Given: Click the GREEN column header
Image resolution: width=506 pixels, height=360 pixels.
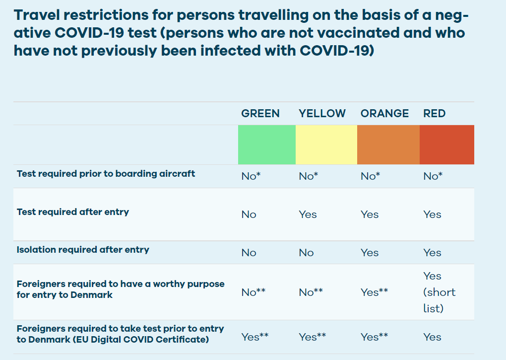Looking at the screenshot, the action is (260, 113).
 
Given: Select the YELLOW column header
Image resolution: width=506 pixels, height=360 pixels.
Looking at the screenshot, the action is (322, 113).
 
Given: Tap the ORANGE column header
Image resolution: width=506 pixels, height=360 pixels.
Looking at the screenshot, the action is (384, 113).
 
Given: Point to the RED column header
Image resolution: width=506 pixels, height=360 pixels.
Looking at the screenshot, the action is (435, 113).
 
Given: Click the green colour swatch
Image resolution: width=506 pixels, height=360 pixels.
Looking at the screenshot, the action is (267, 144).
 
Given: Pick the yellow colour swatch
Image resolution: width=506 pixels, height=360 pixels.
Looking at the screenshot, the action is (326, 144).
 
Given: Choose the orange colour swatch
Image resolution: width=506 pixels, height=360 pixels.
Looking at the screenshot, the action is (388, 144).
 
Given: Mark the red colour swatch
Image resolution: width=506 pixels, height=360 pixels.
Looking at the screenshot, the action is (447, 144).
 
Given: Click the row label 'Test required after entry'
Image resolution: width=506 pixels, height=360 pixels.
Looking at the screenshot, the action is (73, 212).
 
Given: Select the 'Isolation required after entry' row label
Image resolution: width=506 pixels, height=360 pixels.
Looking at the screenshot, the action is (83, 250).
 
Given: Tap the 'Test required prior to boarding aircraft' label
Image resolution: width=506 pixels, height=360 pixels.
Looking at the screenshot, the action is (106, 174).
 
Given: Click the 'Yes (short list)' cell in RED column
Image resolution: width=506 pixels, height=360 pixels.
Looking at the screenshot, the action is (439, 292).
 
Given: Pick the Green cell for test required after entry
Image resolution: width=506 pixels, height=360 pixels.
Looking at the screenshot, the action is (249, 215).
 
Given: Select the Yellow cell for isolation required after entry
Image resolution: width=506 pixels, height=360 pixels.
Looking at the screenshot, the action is (306, 252).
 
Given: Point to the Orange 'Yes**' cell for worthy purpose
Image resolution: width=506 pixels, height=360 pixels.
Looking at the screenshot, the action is (375, 292).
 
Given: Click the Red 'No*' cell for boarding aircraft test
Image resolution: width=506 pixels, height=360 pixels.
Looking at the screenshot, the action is (433, 176).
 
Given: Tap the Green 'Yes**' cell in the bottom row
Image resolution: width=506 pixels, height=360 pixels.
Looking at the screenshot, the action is (255, 337).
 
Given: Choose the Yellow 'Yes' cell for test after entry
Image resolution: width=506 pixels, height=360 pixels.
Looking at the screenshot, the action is (308, 215).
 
